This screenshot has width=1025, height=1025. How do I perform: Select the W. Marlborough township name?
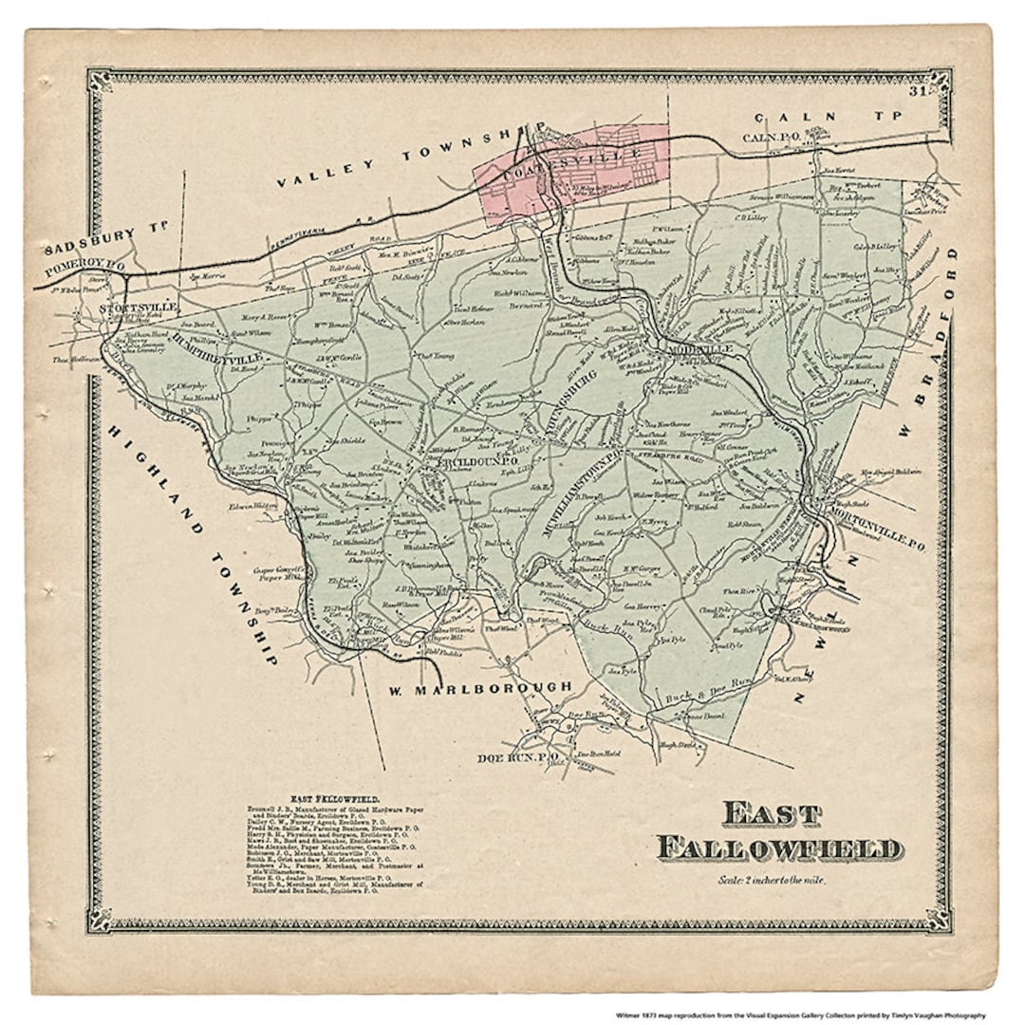[479, 686]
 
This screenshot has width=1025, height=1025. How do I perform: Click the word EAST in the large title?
[771, 814]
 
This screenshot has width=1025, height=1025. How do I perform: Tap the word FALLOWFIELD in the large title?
[779, 848]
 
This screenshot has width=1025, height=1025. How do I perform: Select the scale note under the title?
[772, 880]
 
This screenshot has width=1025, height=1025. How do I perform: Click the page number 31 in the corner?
[916, 92]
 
